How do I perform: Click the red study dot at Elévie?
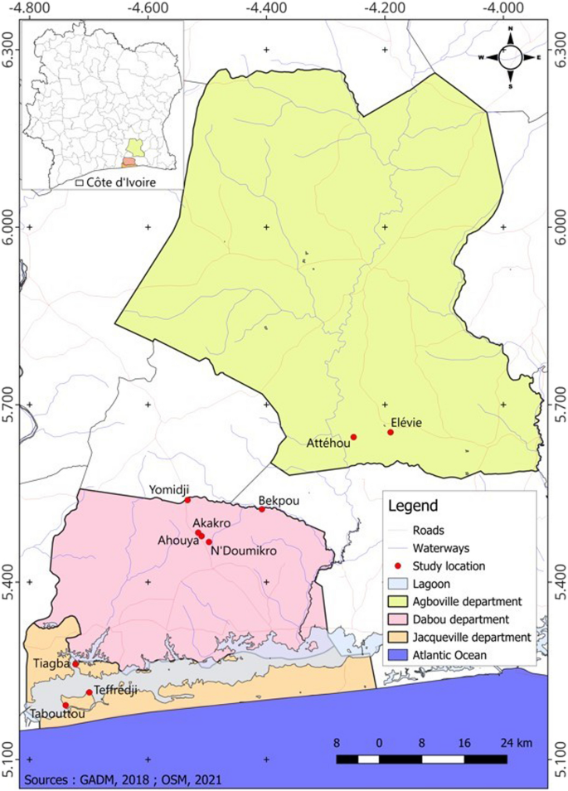pyautogui.click(x=391, y=432)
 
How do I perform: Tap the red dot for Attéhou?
pyautogui.click(x=353, y=437)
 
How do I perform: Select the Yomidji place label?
pyautogui.click(x=169, y=489)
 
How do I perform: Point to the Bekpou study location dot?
pyautogui.click(x=262, y=509)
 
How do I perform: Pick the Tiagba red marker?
pyautogui.click(x=75, y=664)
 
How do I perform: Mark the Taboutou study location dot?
pyautogui.click(x=66, y=706)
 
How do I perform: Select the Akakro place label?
pyautogui.click(x=211, y=523)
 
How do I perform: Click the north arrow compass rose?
pyautogui.click(x=510, y=57)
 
